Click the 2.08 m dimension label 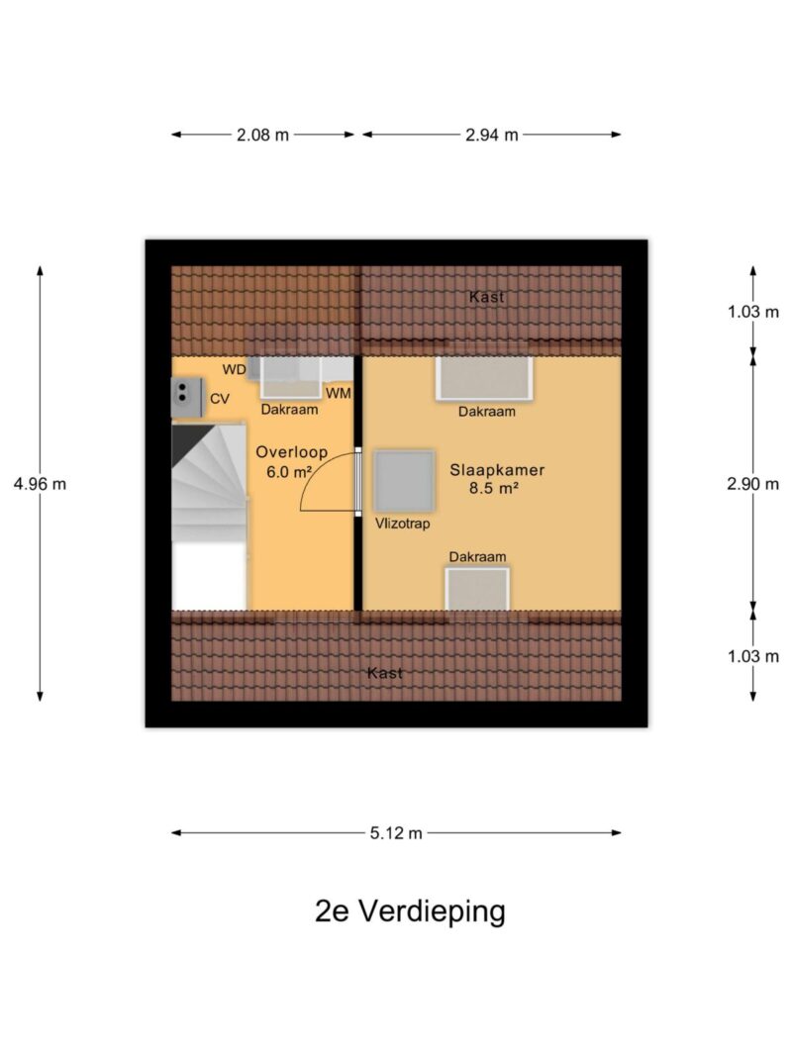262,136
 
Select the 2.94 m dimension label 492,136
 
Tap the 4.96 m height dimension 41,484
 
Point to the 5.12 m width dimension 396,833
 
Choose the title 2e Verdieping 410,912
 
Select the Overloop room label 291,452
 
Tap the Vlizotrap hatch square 404,481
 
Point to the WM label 339,393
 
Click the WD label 234,369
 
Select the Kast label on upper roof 486,297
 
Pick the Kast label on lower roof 384,673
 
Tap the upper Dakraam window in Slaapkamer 484,378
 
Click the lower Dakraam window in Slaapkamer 476,590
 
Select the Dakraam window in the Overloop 285,377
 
